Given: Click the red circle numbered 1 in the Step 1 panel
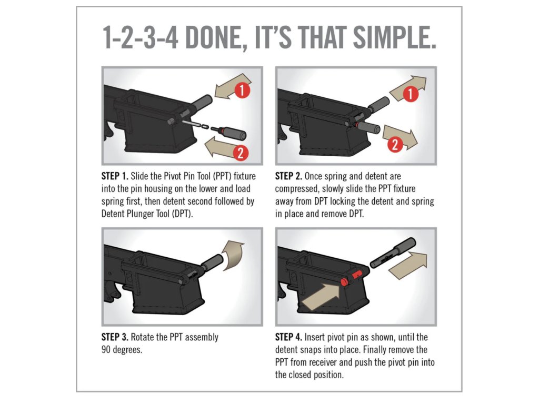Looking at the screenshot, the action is tap(243, 90).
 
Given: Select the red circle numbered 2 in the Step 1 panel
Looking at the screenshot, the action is tap(241, 153).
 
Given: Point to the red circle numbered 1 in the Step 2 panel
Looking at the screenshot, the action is tap(411, 94).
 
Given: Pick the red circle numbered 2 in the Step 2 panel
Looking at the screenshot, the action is tap(395, 144).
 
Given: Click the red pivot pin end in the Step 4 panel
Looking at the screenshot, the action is tap(344, 281).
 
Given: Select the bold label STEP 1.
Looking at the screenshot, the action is tap(115, 176).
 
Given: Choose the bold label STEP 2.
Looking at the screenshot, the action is tap(288, 176).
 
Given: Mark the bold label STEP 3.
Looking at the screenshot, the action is tap(115, 337).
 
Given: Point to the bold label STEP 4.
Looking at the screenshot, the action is tap(288, 337).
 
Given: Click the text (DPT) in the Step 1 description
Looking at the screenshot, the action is tap(182, 214).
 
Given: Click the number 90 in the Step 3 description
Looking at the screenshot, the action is tap(106, 350).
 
